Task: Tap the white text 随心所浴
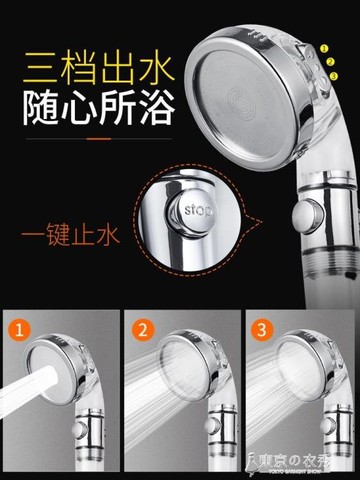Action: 94,103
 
